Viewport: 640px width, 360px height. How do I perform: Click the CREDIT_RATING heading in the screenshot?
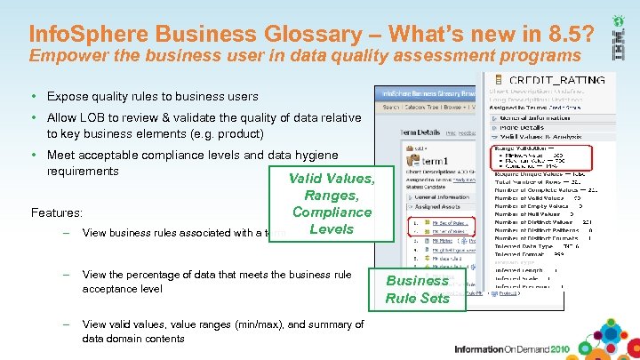tap(557, 80)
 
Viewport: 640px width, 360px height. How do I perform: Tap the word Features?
tap(57, 213)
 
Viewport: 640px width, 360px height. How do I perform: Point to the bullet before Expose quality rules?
tap(33, 96)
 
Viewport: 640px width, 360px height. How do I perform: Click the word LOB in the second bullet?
tap(94, 117)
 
